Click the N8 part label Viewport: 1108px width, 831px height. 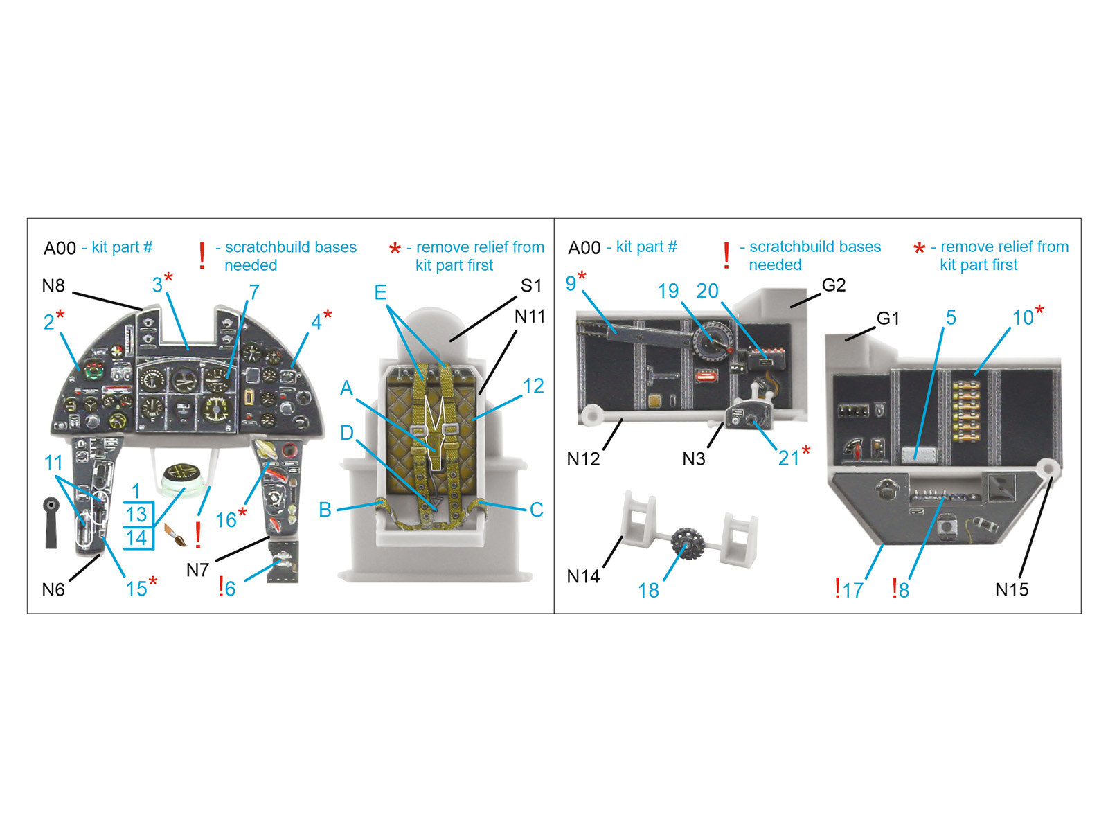(x=53, y=285)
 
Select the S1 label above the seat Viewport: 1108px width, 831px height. (x=530, y=285)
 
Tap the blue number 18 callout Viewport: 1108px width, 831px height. (x=648, y=590)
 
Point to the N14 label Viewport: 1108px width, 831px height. (x=583, y=576)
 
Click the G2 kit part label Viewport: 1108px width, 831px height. (x=833, y=285)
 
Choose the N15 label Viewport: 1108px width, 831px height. (x=1012, y=589)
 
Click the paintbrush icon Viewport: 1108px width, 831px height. (x=176, y=535)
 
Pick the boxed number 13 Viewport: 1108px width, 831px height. (x=137, y=515)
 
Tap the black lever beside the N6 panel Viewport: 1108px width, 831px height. (x=51, y=522)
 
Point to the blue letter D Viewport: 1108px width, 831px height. (x=346, y=432)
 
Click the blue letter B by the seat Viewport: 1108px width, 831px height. (x=325, y=510)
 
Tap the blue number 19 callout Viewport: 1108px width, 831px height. (x=668, y=291)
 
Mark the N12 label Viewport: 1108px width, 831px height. (x=583, y=459)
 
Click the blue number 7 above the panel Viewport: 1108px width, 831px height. (x=254, y=292)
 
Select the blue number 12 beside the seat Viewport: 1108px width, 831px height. (x=533, y=386)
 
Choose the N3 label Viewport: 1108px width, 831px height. (x=694, y=459)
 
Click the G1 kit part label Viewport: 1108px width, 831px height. (x=888, y=319)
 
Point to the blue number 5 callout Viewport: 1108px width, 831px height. (x=951, y=317)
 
